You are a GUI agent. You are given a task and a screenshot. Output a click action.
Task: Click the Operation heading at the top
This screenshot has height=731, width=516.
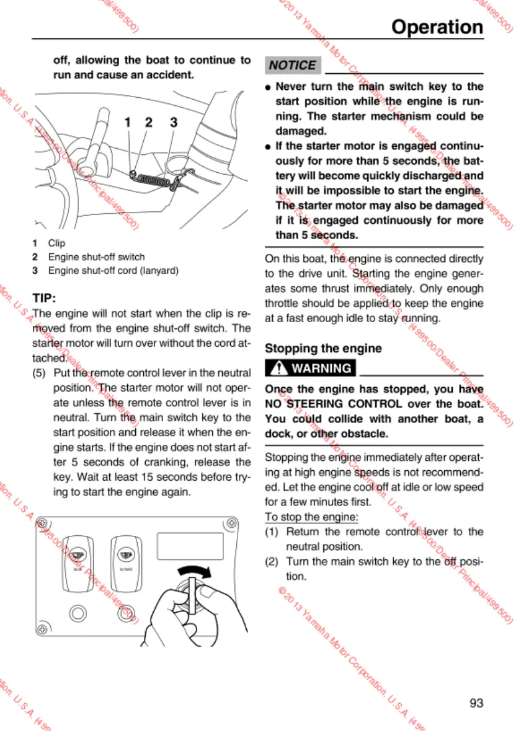tap(437, 27)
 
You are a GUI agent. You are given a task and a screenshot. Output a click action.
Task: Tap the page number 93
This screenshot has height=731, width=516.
tap(476, 703)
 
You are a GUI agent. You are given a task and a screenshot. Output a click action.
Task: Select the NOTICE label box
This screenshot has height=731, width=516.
tap(292, 65)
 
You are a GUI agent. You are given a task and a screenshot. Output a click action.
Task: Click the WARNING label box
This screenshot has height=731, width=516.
tap(311, 368)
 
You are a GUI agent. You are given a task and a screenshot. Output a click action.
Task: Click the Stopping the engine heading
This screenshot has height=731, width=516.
tap(323, 348)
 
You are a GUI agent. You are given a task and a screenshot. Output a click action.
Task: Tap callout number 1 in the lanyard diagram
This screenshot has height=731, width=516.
tap(127, 123)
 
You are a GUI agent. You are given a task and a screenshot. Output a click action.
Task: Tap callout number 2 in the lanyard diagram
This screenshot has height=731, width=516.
tap(148, 123)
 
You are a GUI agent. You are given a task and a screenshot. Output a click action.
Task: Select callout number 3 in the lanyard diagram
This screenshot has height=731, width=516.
tap(174, 123)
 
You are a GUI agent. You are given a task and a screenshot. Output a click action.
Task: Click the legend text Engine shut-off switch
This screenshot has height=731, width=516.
tap(97, 257)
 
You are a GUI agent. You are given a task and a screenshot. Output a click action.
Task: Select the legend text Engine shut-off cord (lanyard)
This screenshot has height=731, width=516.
tap(113, 271)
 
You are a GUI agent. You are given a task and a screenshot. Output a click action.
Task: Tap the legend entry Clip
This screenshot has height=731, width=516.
tap(56, 243)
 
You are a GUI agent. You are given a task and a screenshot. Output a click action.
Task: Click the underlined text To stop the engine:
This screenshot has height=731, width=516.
tap(312, 517)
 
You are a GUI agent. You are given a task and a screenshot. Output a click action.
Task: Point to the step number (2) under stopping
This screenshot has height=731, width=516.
tap(274, 561)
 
